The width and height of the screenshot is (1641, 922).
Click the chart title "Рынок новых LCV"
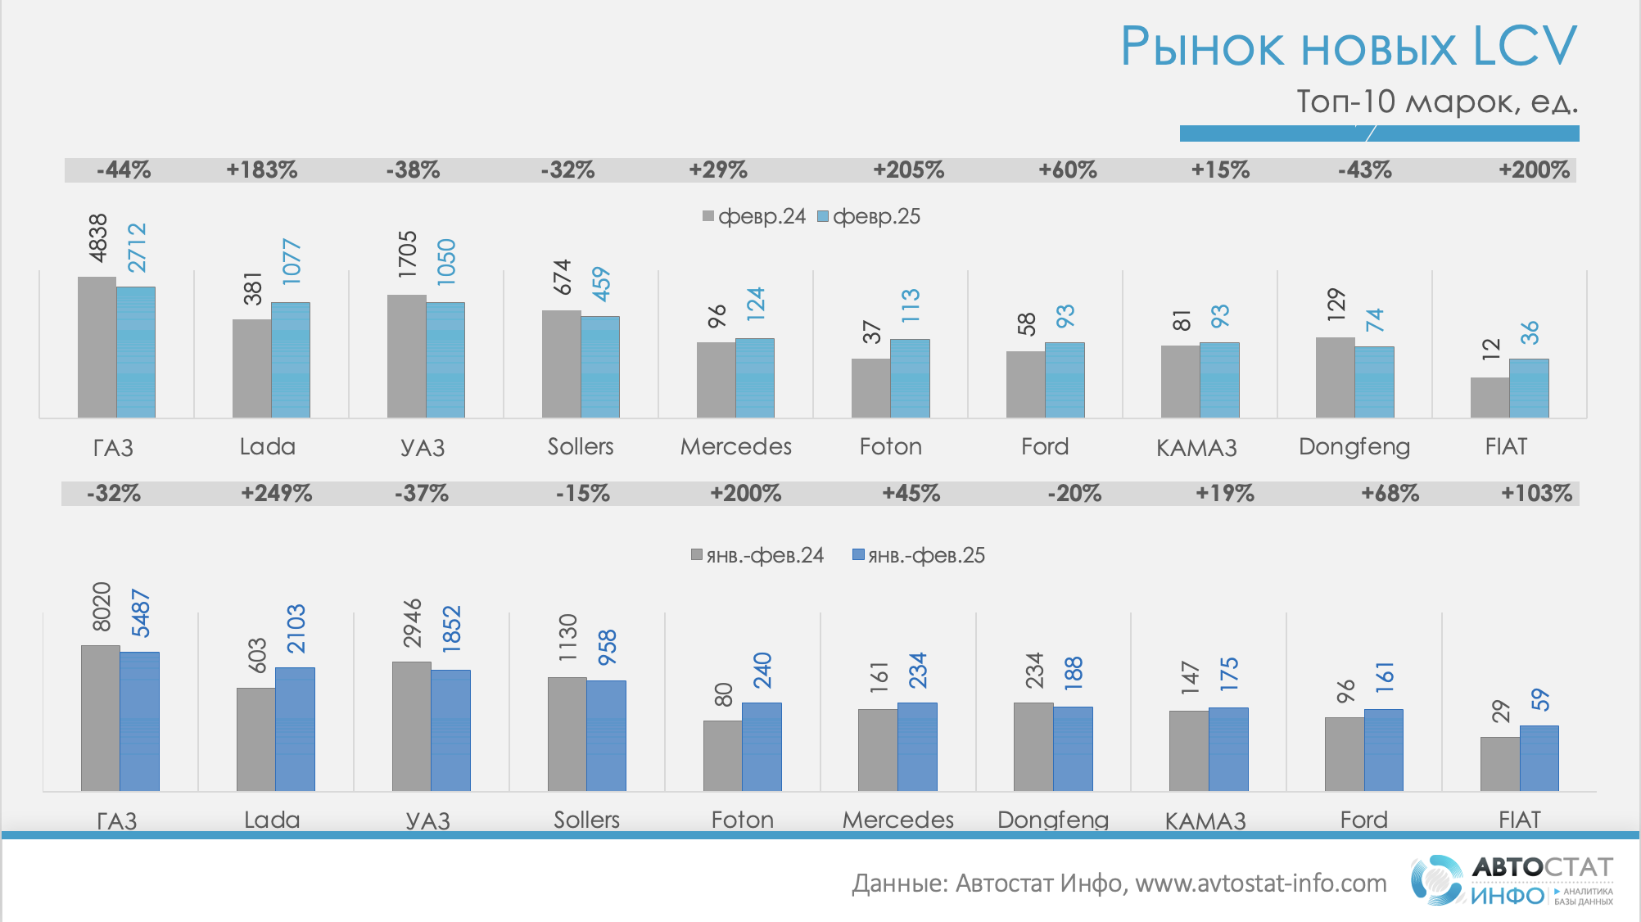(x=1348, y=46)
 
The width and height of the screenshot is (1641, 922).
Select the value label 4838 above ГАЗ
(x=98, y=238)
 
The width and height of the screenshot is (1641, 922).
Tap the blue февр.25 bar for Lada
(x=291, y=360)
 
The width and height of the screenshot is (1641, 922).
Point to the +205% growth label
(x=908, y=170)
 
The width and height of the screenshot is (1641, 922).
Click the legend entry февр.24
(x=754, y=217)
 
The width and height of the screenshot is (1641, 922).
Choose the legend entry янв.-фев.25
(x=919, y=556)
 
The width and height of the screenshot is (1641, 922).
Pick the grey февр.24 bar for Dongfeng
(x=1335, y=377)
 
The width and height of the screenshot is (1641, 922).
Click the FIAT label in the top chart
(x=1506, y=447)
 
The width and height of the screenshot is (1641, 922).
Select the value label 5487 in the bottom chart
(x=141, y=613)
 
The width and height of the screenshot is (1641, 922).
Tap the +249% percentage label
(x=276, y=494)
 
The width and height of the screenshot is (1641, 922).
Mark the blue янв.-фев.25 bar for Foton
(x=762, y=747)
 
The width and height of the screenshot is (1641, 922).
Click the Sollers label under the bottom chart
(x=586, y=820)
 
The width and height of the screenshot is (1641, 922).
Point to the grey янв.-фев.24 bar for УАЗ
(x=411, y=726)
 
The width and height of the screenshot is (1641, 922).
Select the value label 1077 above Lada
(x=292, y=262)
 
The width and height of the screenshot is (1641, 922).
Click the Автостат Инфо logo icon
(x=1436, y=880)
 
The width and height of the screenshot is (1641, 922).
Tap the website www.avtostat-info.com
(x=1260, y=884)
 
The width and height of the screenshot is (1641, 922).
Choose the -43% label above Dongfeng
(x=1364, y=170)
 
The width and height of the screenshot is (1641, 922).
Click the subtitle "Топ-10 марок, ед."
(x=1437, y=102)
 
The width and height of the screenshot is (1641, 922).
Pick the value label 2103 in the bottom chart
(x=296, y=629)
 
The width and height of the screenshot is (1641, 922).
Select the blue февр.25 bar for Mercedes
(x=755, y=378)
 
